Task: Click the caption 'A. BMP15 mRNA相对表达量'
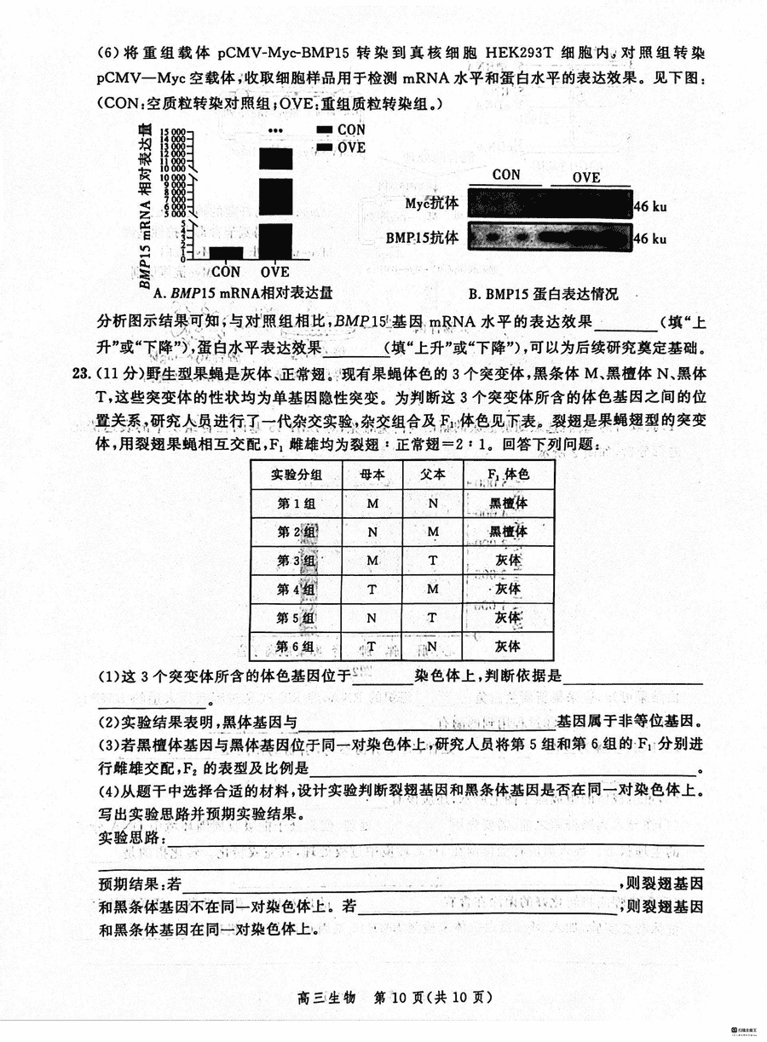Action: click(241, 293)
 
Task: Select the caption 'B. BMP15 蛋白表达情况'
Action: click(543, 294)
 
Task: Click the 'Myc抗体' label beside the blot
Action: click(432, 204)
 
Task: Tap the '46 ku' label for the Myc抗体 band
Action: click(650, 206)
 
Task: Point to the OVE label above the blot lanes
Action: click(586, 178)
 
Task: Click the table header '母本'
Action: click(372, 475)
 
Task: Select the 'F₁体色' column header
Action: click(509, 475)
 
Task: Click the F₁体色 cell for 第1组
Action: click(509, 504)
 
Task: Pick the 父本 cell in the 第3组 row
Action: click(433, 561)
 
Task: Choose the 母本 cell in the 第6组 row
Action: click(372, 647)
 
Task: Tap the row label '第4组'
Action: click(297, 590)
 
